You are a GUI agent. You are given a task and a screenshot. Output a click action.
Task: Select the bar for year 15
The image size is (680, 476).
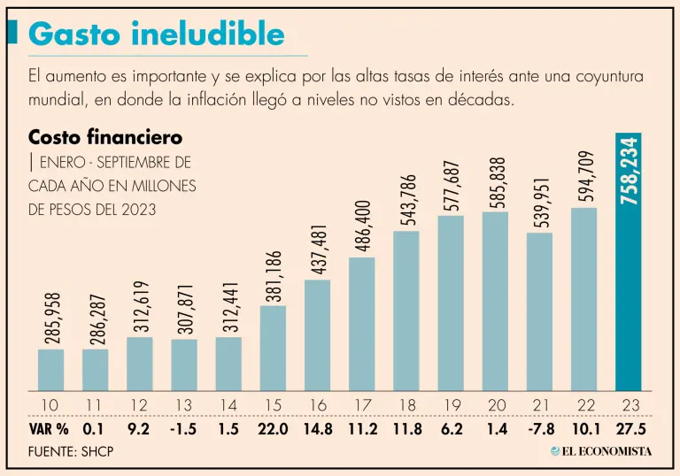273,348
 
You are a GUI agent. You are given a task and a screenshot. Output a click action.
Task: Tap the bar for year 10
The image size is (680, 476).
50,370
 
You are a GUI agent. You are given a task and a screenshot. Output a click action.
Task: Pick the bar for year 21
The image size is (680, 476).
539,311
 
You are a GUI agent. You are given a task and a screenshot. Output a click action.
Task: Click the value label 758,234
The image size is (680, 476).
630,172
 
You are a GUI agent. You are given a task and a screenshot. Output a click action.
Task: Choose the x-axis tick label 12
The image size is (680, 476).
139,405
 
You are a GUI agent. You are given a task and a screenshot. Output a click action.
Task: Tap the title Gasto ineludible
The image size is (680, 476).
157,34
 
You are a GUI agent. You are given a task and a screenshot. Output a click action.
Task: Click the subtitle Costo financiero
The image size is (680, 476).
105,138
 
